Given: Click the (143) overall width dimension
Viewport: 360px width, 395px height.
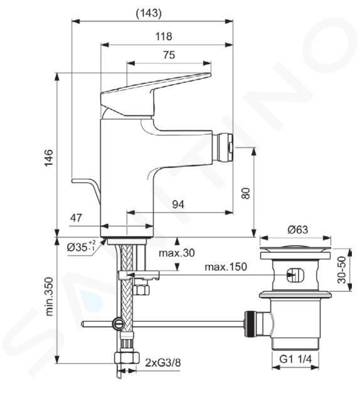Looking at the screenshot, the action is pos(149,13).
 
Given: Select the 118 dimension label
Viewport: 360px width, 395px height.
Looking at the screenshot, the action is pos(164,36).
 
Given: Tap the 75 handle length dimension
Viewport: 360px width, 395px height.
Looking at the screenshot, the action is pos(169,55).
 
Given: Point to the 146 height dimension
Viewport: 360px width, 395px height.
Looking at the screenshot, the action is pos(49,157).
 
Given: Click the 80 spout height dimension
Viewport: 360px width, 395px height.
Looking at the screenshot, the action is pos(246,193).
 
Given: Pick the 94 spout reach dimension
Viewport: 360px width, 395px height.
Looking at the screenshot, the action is pos(178,204).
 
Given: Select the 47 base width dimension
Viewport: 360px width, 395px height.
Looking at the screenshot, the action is pos(76,218).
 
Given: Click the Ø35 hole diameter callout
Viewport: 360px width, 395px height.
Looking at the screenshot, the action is pos(81,247).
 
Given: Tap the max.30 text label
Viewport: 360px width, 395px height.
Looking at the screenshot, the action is pos(177,253).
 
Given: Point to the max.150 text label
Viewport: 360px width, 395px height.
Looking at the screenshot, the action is pos(226,266).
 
